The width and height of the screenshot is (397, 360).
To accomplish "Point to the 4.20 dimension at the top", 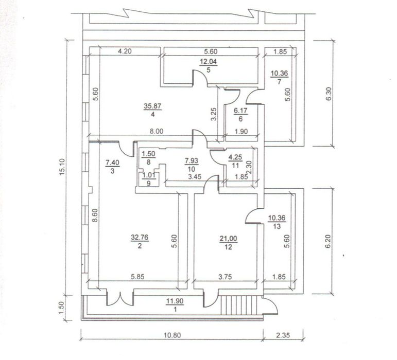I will [x=126, y=51].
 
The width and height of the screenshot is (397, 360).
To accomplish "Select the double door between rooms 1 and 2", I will [x=120, y=298].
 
